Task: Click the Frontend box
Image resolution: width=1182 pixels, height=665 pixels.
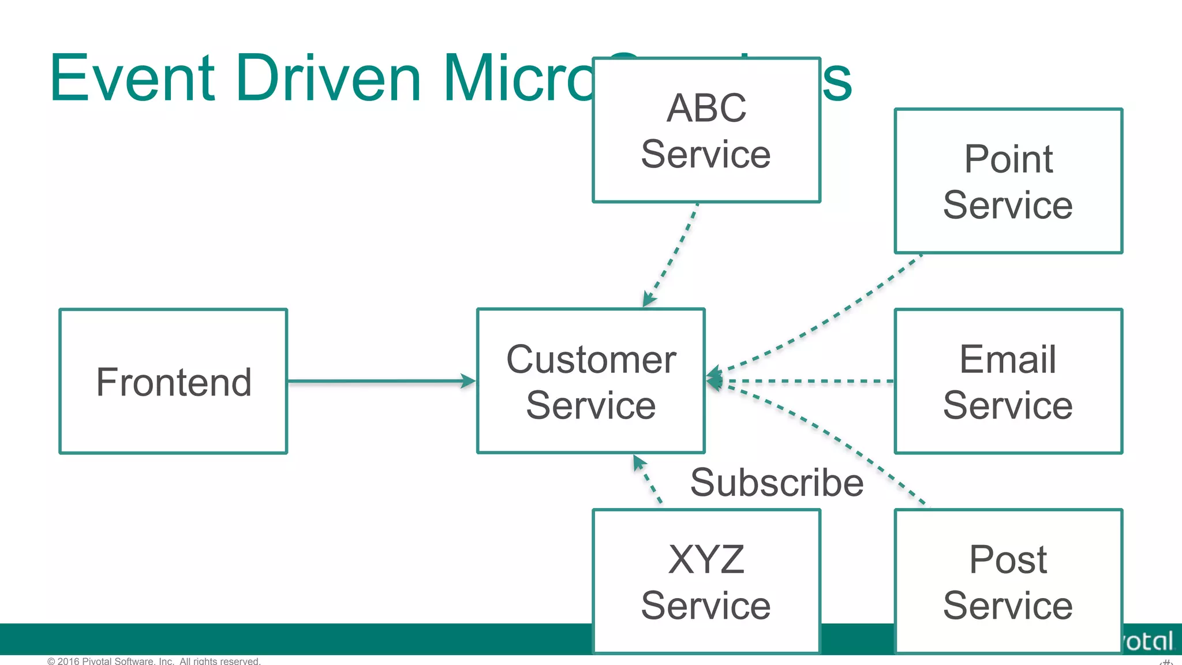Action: (173, 382)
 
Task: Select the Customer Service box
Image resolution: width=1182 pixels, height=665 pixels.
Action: (591, 382)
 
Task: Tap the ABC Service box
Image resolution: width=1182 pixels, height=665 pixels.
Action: (706, 130)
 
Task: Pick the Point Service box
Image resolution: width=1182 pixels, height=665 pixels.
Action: (1008, 181)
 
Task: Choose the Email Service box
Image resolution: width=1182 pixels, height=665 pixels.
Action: (1008, 382)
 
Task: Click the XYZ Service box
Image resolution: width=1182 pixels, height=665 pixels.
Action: (706, 581)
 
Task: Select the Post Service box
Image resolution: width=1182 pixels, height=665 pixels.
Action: (1008, 581)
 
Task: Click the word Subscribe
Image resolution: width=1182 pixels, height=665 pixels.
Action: (777, 483)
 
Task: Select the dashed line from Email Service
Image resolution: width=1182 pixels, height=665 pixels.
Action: (808, 381)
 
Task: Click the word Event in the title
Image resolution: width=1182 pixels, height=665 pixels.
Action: (133, 78)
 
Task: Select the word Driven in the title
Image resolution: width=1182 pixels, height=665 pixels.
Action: (329, 78)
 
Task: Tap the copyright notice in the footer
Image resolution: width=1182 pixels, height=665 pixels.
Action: (154, 661)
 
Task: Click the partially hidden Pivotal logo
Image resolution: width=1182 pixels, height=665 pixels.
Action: (1149, 641)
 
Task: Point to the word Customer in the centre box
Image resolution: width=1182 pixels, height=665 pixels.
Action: (591, 360)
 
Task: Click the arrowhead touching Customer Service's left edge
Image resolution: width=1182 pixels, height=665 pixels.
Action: (468, 381)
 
